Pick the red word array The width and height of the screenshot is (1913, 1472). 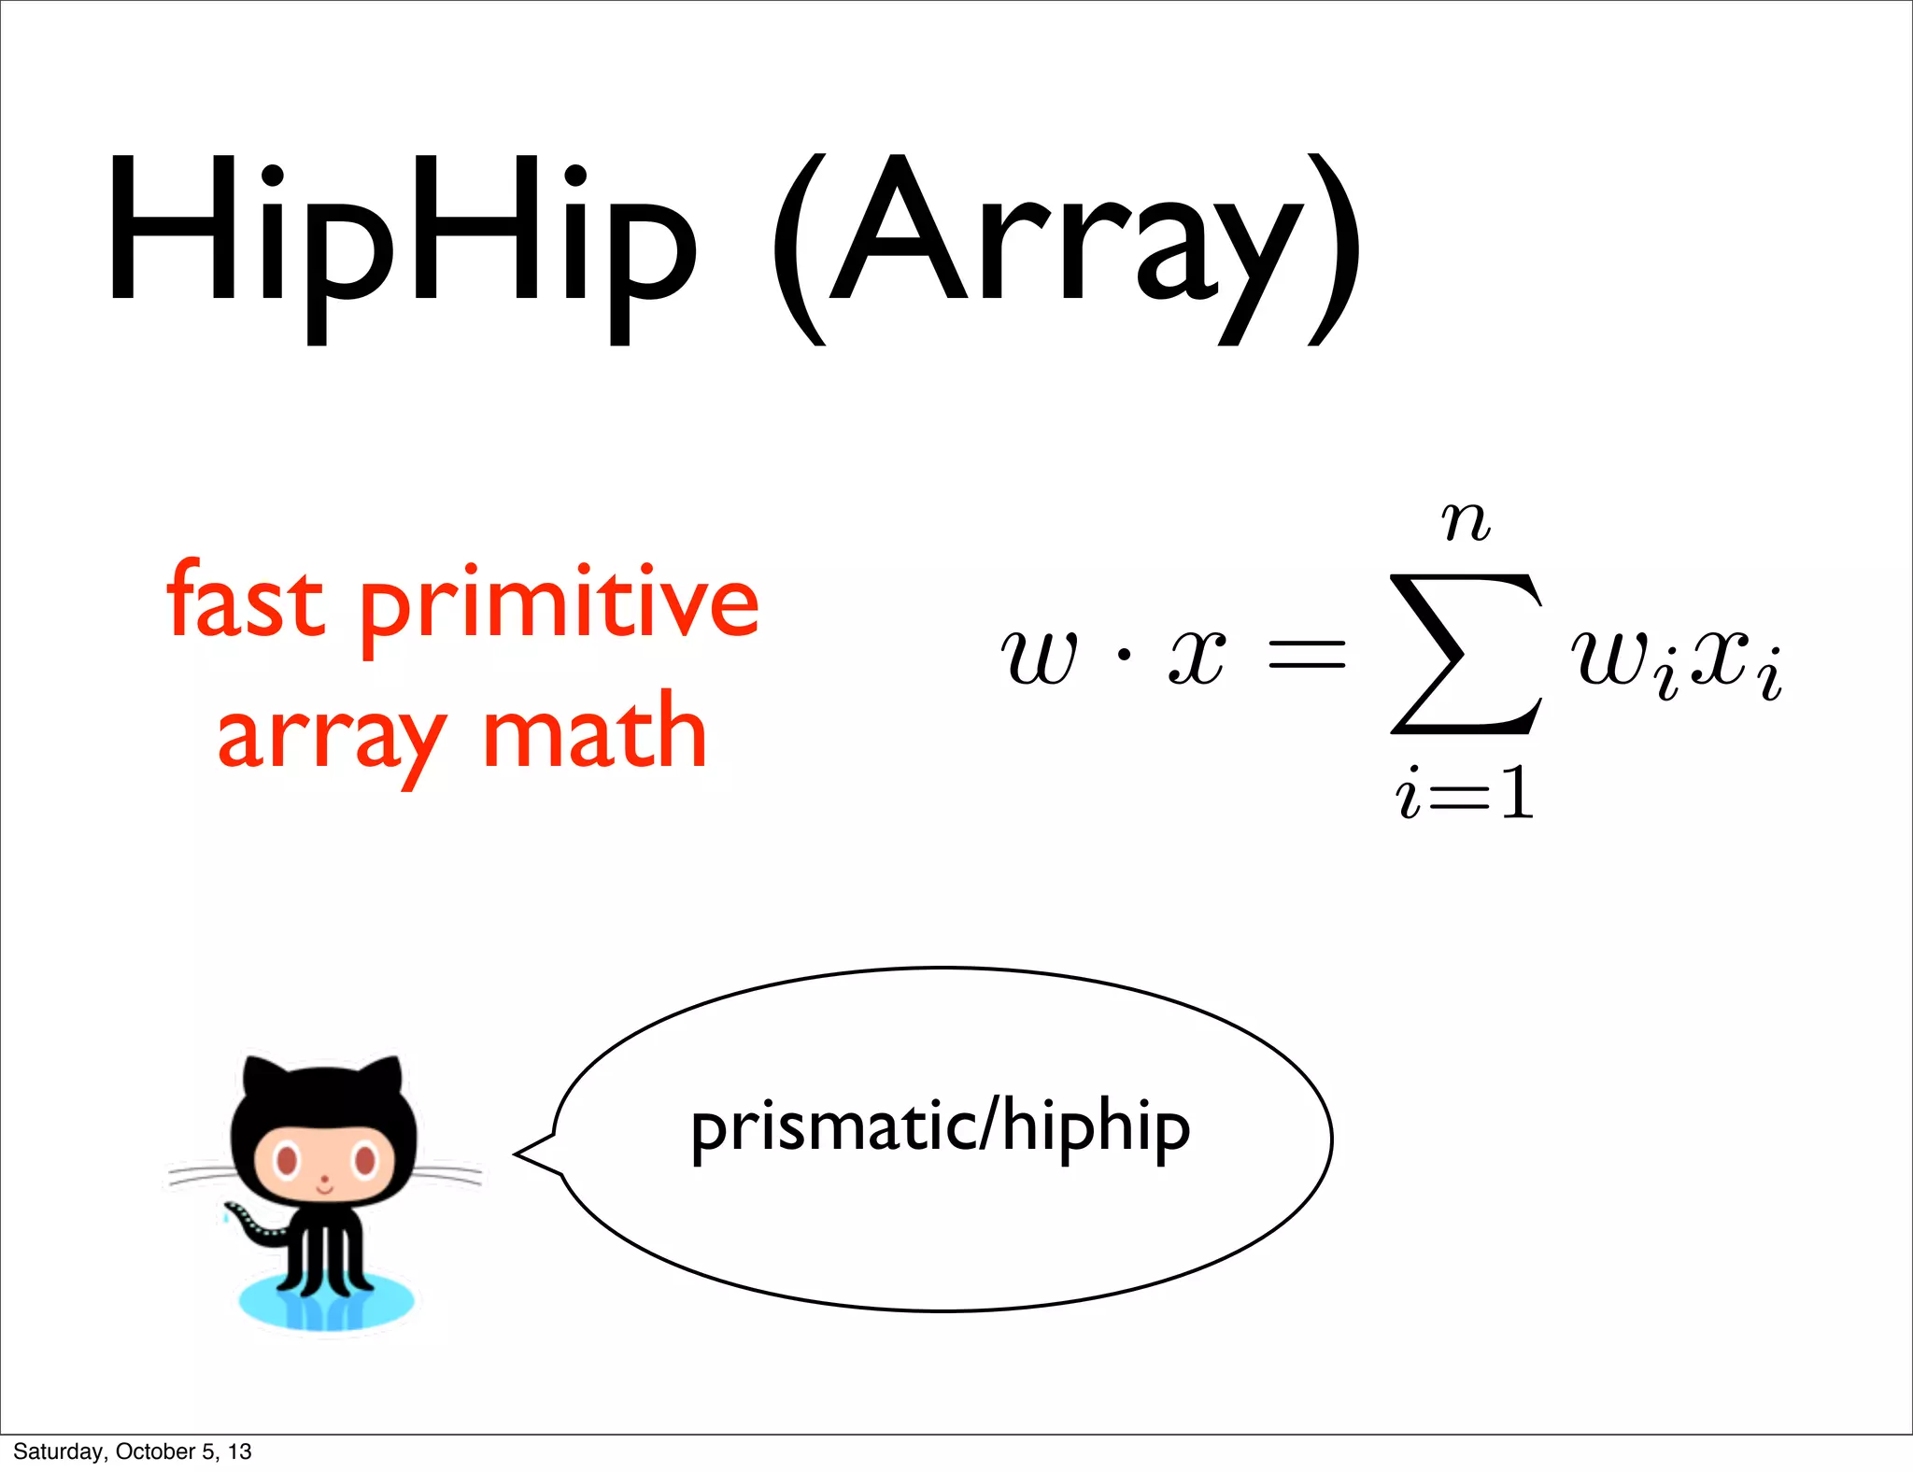click(x=332, y=738)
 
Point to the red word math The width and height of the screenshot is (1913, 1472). click(x=594, y=733)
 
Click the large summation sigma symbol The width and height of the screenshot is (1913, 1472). click(x=1465, y=654)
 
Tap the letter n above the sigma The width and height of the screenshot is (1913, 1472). click(x=1465, y=523)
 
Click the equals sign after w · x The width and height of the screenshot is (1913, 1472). click(x=1306, y=654)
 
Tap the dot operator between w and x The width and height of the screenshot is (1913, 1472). click(x=1124, y=656)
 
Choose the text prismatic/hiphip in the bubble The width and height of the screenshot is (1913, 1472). click(x=940, y=1128)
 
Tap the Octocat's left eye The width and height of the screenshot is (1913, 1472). click(x=286, y=1161)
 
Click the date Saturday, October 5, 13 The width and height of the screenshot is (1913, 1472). click(x=132, y=1451)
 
